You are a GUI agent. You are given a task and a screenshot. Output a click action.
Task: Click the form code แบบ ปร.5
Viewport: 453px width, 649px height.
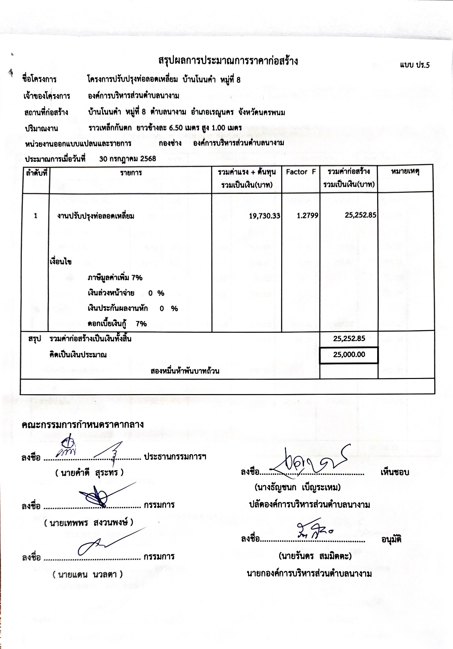pos(414,65)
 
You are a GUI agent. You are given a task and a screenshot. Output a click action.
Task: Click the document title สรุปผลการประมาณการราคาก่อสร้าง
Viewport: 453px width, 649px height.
pos(228,61)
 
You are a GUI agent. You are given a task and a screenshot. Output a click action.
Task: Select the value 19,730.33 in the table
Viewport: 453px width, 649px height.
pos(264,216)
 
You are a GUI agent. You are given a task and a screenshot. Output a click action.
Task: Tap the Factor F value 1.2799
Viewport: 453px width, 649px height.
pos(307,216)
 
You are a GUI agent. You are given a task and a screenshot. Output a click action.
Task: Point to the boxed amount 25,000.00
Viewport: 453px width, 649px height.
pos(349,355)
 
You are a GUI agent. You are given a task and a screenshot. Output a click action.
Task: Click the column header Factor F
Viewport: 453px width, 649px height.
pos(301,172)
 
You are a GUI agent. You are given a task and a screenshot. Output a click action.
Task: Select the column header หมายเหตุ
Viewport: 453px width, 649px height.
pos(405,172)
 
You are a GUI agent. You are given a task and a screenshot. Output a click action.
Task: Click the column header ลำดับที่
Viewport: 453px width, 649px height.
pos(36,173)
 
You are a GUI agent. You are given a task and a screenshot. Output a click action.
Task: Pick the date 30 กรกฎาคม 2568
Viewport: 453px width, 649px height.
pos(128,159)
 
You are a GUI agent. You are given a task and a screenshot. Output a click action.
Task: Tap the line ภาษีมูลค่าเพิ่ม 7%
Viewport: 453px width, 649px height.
pos(115,278)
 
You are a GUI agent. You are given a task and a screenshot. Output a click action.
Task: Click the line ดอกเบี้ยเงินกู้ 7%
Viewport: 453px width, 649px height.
pos(117,324)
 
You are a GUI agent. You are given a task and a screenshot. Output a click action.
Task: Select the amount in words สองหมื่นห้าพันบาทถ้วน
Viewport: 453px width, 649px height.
pos(185,371)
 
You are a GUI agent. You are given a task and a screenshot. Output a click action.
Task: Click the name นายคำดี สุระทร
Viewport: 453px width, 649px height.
pos(90,473)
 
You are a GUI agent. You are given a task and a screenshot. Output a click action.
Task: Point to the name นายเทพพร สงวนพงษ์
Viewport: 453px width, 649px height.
pos(89,522)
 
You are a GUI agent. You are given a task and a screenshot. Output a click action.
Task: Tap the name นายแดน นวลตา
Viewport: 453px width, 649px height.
pos(88,574)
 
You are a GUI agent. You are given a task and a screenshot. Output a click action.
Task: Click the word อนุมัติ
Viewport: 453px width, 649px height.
pos(391,540)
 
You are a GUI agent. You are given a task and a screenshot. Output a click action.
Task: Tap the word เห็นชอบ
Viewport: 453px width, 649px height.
pos(395,472)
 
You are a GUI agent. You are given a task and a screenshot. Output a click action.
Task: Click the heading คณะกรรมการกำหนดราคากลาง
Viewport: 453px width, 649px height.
pos(83,425)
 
